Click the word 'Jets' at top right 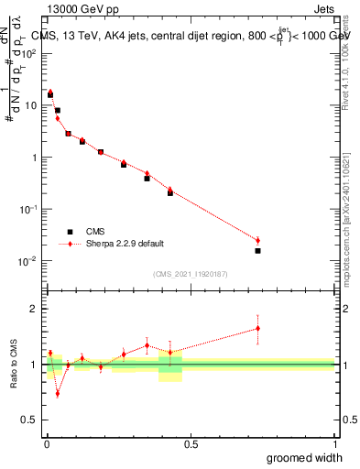[x=323, y=10]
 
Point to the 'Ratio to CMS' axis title [x=15, y=365]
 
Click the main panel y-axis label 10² [x=28, y=53]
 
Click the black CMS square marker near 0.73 [x=257, y=251]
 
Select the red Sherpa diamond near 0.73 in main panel [x=257, y=240]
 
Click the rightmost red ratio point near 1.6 [x=257, y=328]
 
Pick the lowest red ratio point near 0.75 [x=58, y=394]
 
